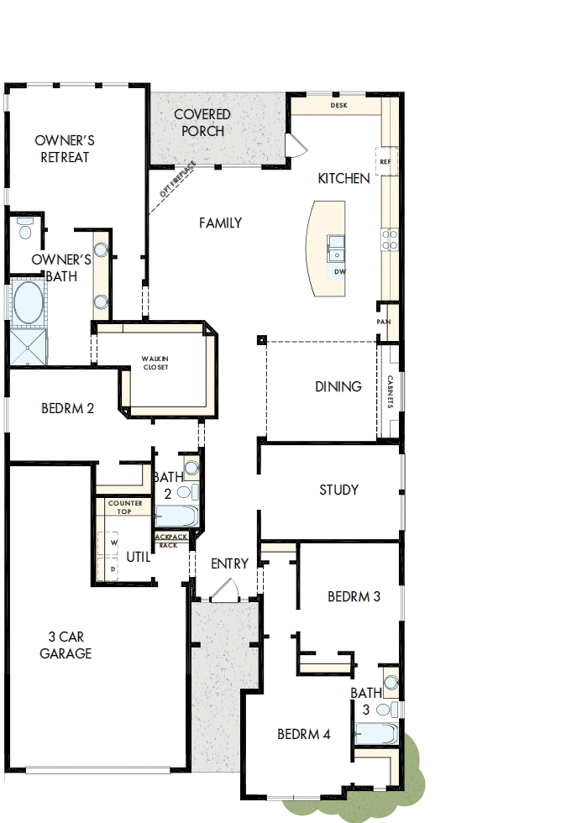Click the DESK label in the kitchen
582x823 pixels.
click(x=338, y=106)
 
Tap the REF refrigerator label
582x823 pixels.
click(x=385, y=161)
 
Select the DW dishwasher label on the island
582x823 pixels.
click(x=339, y=272)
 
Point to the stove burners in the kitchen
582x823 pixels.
click(x=390, y=239)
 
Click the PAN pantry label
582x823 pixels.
click(x=383, y=322)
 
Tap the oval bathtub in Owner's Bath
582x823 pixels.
click(x=28, y=304)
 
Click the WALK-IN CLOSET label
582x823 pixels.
click(x=155, y=363)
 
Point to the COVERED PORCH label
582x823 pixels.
click(x=202, y=123)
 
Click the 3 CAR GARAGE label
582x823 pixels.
click(x=66, y=645)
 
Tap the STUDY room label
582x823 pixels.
click(x=339, y=490)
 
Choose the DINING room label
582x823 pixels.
click(x=338, y=386)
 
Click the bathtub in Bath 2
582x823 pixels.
click(x=177, y=516)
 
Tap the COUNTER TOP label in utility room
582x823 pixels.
click(x=125, y=507)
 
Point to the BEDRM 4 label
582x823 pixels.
click(x=304, y=734)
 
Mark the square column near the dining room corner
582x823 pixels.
click(x=262, y=340)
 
